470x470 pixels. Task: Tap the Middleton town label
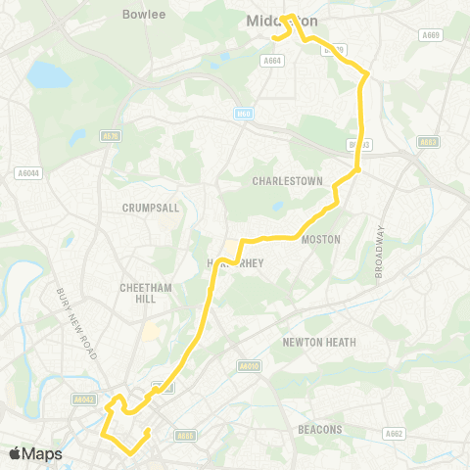299,22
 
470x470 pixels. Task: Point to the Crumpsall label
146,208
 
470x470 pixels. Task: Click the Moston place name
321,239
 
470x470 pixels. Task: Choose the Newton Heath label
319,342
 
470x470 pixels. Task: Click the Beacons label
319,429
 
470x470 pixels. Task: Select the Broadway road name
380,250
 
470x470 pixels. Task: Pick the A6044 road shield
28,173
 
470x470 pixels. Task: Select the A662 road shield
394,433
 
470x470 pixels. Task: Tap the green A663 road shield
427,142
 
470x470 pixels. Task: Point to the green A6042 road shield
84,399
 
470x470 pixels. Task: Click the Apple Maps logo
36,453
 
